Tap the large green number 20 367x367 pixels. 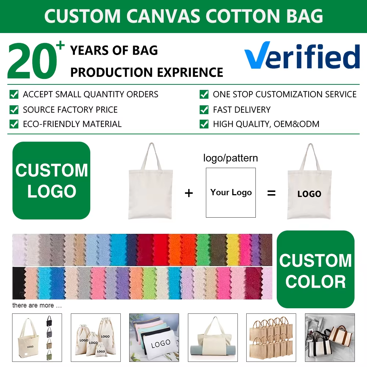point(32,62)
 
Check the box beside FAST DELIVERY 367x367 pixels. point(204,109)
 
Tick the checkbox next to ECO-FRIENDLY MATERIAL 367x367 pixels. point(14,124)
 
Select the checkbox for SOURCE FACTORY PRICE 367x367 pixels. point(14,109)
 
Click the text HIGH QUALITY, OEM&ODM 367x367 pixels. point(266,124)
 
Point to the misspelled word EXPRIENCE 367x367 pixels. point(194,72)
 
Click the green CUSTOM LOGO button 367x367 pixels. point(51,181)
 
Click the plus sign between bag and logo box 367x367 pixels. point(189,193)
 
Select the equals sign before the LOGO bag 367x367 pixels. point(271,193)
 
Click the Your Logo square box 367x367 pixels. point(230,192)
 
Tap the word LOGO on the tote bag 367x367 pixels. point(309,194)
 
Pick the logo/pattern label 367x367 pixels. point(230,158)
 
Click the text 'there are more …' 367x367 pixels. point(37,305)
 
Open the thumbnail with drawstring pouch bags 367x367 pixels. point(95,338)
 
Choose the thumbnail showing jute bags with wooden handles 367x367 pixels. point(271,338)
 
